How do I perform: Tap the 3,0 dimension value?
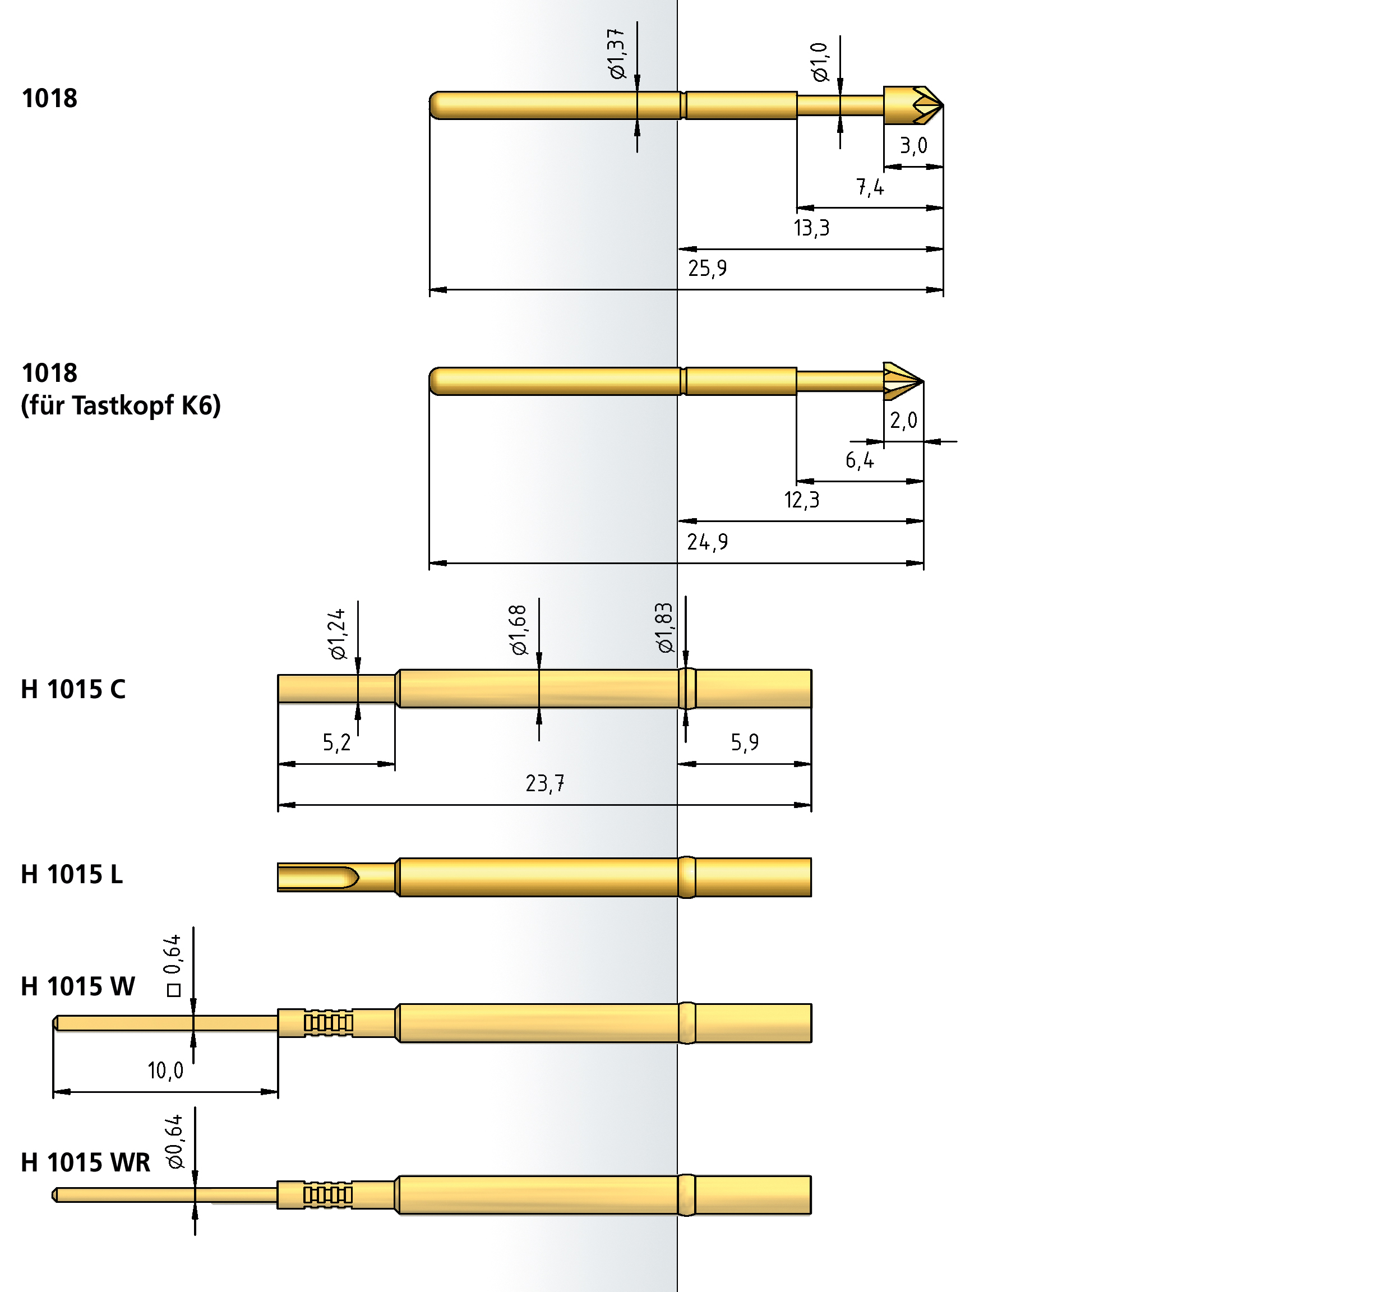pyautogui.click(x=913, y=145)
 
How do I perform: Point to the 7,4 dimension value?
pyautogui.click(x=870, y=187)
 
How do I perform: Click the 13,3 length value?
pyautogui.click(x=811, y=227)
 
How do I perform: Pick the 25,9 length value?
pyautogui.click(x=707, y=268)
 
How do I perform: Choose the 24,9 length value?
pyautogui.click(x=707, y=542)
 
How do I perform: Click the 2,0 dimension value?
pyautogui.click(x=903, y=420)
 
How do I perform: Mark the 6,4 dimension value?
pyautogui.click(x=860, y=460)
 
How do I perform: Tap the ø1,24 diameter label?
pyautogui.click(x=337, y=634)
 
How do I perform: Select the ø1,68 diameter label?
pyautogui.click(x=518, y=630)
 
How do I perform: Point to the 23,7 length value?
pyautogui.click(x=544, y=783)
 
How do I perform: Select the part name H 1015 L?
pyautogui.click(x=71, y=874)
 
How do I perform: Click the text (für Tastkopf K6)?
pyautogui.click(x=120, y=405)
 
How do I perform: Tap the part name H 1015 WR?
pyautogui.click(x=85, y=1162)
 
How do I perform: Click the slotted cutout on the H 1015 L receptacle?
pyautogui.click(x=318, y=876)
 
